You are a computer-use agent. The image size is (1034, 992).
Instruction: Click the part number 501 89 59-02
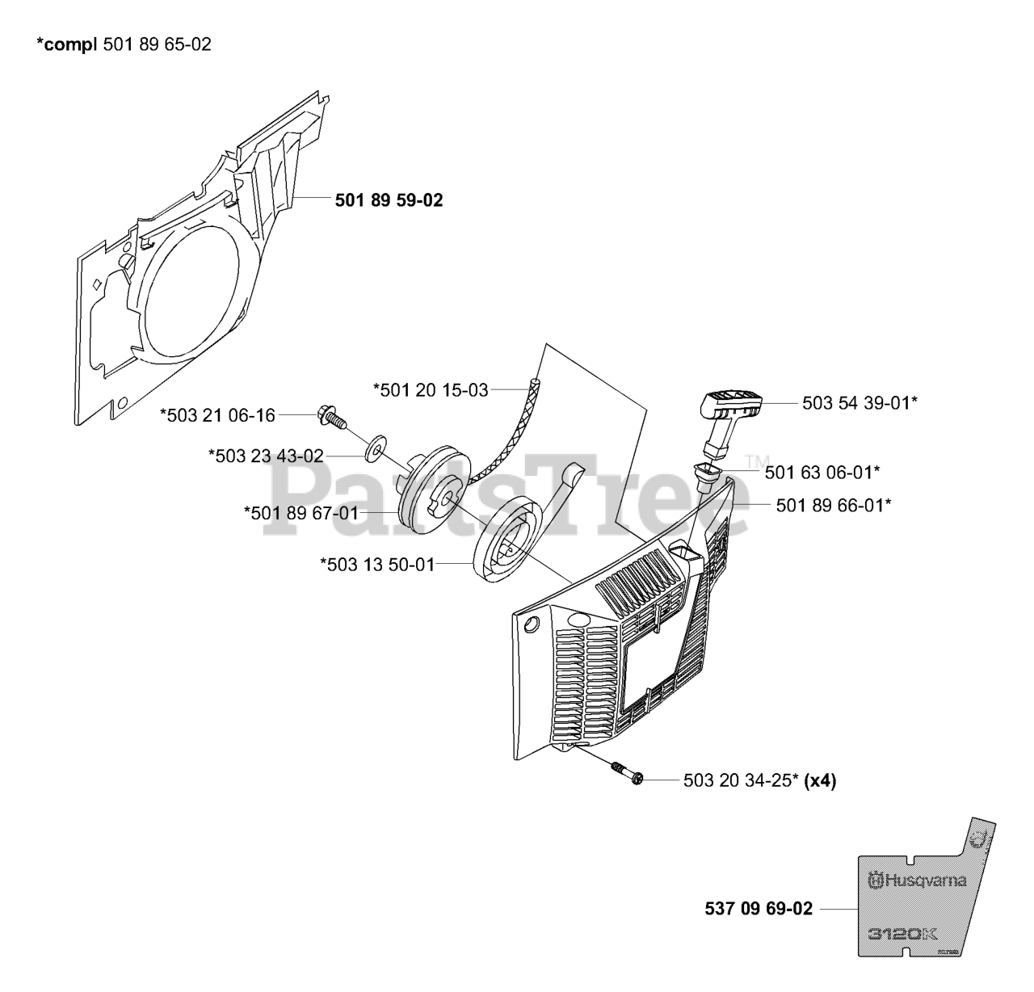point(389,200)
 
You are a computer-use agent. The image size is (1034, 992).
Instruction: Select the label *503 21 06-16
point(218,415)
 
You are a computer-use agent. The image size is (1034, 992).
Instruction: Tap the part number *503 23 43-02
point(266,456)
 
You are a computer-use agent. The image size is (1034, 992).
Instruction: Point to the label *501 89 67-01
point(301,512)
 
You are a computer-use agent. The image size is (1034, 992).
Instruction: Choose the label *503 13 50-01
point(377,565)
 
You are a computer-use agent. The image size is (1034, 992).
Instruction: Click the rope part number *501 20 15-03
point(431,390)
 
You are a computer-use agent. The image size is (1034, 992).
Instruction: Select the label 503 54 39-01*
point(860,402)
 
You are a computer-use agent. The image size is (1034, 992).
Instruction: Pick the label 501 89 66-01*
point(834,505)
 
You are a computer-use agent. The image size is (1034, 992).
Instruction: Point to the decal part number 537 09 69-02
point(758,908)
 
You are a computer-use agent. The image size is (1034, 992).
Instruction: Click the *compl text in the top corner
point(69,44)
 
